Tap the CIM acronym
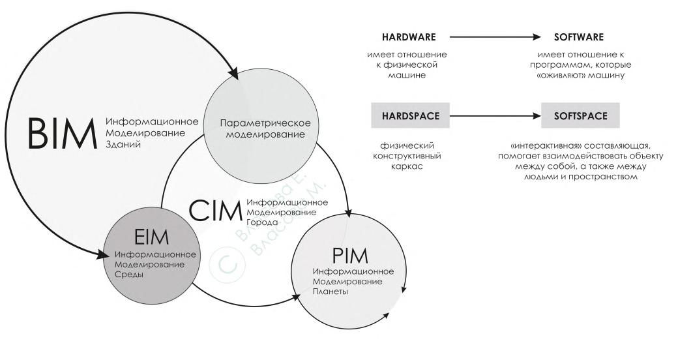pos(214,211)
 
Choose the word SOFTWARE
pos(578,37)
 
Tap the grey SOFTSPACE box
pos(579,117)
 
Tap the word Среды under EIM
pos(128,274)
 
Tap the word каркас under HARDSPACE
pos(407,166)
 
